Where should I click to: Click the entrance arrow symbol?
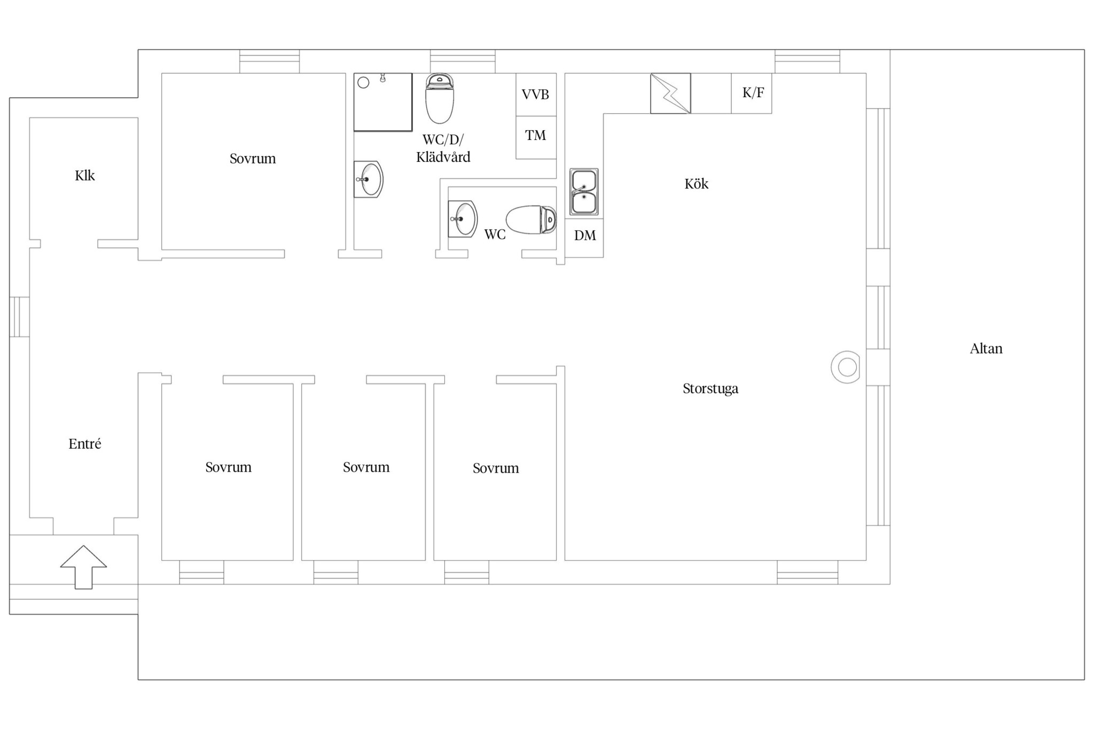[x=83, y=567]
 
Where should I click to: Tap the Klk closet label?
[x=84, y=176]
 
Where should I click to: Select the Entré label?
[x=84, y=444]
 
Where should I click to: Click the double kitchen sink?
[x=584, y=192]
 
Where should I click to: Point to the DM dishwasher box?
[x=584, y=238]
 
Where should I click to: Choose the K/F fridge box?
[x=752, y=93]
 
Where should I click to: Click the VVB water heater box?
[x=536, y=95]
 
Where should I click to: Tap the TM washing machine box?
[x=536, y=137]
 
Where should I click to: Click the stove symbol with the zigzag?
[x=670, y=93]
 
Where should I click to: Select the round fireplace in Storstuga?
[x=846, y=367]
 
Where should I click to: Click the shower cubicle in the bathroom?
[x=383, y=102]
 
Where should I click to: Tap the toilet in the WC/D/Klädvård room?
[x=440, y=98]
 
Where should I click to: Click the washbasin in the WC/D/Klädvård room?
[x=369, y=179]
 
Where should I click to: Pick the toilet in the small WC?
[x=531, y=220]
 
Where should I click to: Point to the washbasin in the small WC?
[x=463, y=219]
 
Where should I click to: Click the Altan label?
[x=986, y=349]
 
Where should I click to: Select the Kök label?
[x=697, y=184]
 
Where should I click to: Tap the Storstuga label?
[x=710, y=389]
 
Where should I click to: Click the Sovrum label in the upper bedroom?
[x=253, y=159]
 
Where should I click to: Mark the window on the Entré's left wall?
[x=19, y=317]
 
